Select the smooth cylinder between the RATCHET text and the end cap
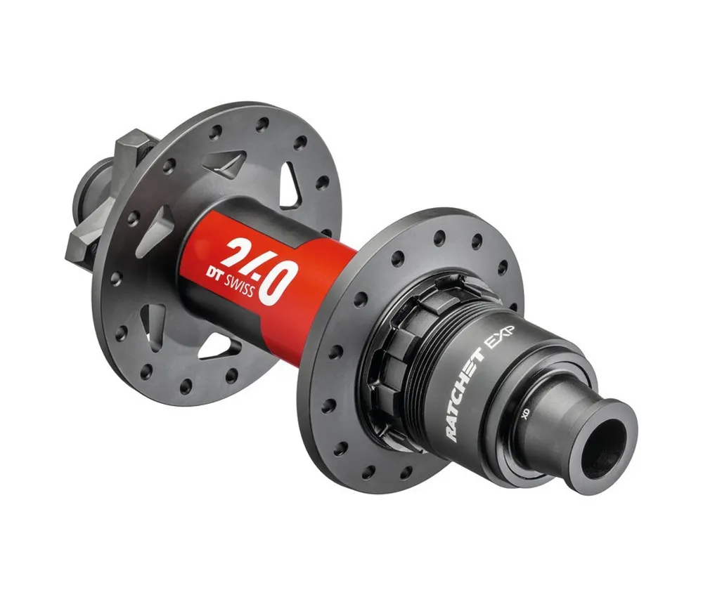click(541, 421)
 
